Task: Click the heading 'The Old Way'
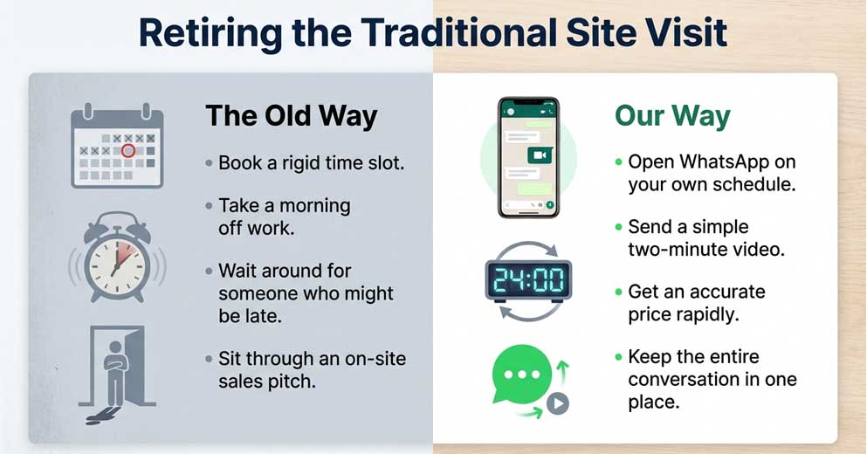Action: point(292,116)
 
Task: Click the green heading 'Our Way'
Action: point(672,116)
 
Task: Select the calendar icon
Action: point(117,146)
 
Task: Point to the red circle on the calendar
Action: point(128,150)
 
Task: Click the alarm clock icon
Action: point(117,258)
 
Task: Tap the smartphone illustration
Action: point(528,158)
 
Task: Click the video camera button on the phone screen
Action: point(540,155)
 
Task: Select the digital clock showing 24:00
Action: point(528,281)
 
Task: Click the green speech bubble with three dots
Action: point(522,375)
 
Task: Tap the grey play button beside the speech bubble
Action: point(558,403)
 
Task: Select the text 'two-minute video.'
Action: point(706,250)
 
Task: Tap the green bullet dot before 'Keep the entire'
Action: point(619,357)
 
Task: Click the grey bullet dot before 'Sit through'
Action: point(209,359)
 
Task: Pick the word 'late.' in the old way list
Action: point(260,316)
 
